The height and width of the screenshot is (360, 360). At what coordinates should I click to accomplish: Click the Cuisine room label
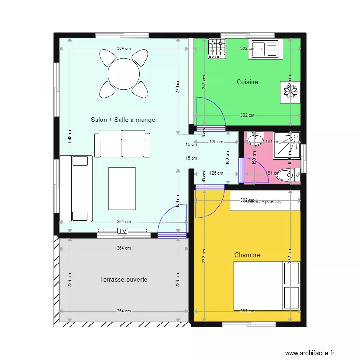point(247,82)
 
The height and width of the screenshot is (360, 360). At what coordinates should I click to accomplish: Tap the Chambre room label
point(247,255)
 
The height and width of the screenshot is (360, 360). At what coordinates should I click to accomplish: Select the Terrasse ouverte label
point(124,279)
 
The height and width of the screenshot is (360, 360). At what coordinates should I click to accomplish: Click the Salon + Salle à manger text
point(124,120)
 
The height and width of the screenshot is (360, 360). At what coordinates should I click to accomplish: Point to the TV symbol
point(123,231)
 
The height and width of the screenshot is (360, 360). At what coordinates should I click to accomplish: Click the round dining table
point(123,74)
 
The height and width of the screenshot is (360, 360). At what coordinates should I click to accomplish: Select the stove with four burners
point(216,48)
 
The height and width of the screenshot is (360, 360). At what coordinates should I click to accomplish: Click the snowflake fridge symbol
point(289,91)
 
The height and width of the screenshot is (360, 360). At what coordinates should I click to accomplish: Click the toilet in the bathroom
point(286,175)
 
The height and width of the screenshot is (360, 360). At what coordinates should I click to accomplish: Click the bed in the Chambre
point(266,286)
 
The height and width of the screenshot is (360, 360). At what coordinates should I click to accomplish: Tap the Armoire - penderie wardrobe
point(265,201)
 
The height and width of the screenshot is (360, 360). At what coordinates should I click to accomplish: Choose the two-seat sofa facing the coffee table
point(122,143)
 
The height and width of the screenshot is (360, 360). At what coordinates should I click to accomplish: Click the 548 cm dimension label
point(70,136)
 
